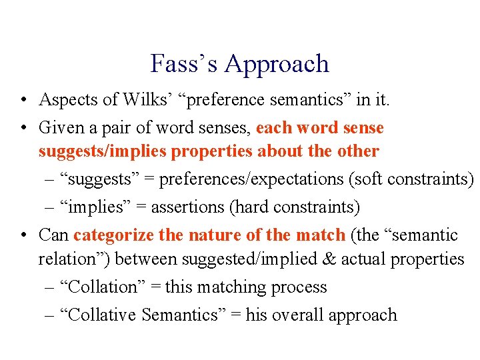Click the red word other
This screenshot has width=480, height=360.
pos(357,151)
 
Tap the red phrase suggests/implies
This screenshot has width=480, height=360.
pos(102,152)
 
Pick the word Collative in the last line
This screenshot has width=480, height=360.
pos(99,315)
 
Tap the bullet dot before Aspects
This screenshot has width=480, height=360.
pos(23,101)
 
